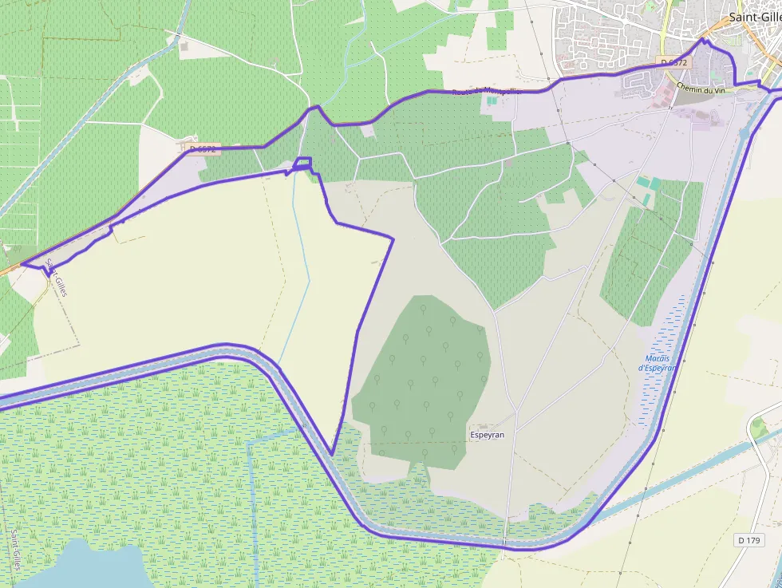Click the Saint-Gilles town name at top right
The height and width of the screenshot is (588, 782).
755,18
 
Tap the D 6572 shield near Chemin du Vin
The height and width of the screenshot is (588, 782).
673,62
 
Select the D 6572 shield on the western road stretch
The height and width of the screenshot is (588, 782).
199,148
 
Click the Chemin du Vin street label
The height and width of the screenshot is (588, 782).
701,89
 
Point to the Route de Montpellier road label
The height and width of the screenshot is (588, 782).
487,92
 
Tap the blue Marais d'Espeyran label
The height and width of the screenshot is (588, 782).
657,363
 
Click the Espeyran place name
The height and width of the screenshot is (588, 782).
487,435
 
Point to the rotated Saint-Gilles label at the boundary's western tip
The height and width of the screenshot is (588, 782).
57,278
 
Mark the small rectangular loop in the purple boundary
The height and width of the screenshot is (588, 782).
302,164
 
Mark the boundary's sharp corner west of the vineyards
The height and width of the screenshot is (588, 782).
393,237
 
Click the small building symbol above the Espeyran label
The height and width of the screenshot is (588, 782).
482,426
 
